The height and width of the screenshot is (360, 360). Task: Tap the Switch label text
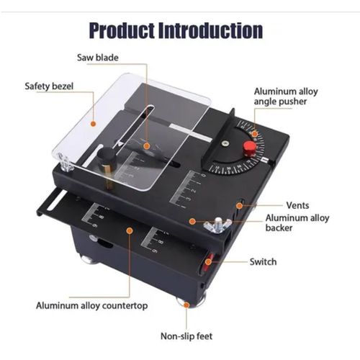pos(263,261)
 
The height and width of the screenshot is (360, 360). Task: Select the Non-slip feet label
pos(186,336)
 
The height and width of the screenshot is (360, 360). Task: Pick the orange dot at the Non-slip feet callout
pos(186,305)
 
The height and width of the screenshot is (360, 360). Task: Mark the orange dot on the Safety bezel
pos(92,122)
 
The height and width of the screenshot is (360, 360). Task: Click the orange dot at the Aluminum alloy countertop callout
pos(129,230)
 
